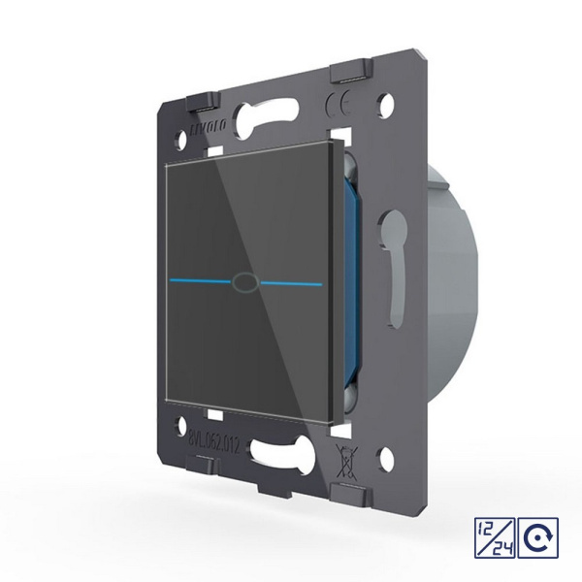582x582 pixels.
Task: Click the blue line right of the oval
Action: [290, 284]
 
